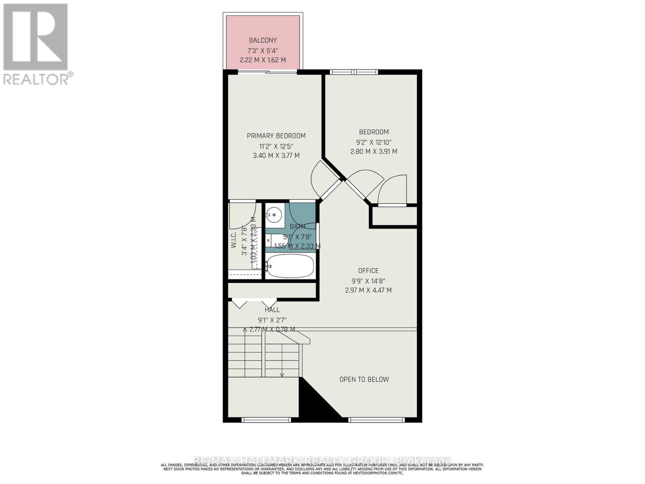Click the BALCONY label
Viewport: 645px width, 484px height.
(x=263, y=40)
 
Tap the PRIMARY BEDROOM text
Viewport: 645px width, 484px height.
(x=276, y=136)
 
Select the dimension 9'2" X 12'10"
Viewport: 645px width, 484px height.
(x=374, y=142)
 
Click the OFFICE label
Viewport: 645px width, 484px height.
(x=368, y=271)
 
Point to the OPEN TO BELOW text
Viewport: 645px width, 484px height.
(x=364, y=379)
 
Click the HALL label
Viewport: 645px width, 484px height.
(x=272, y=310)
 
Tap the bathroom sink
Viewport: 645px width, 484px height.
(x=275, y=215)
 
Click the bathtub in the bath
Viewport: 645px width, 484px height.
(x=290, y=266)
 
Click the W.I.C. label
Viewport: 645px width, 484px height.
(x=233, y=240)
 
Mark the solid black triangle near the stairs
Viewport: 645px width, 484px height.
(x=316, y=405)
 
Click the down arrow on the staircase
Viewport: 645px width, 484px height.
(x=282, y=375)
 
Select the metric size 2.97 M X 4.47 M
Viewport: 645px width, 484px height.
(x=368, y=290)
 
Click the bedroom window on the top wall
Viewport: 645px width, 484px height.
(x=354, y=72)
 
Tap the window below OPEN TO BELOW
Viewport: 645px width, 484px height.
(x=376, y=420)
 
